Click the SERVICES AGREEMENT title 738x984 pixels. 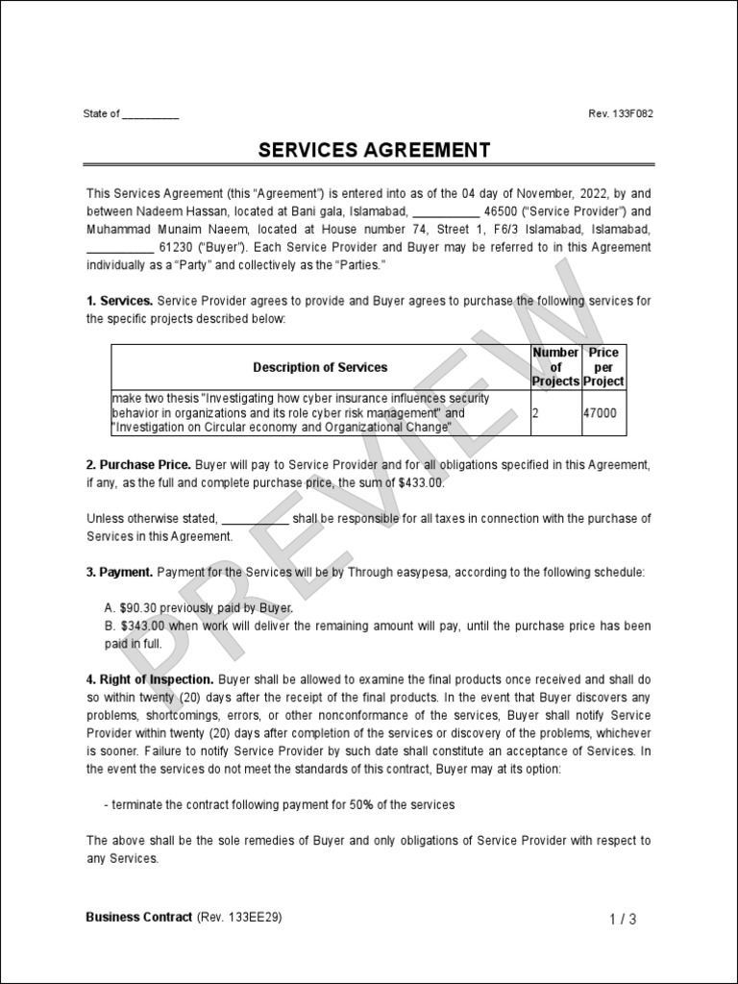(374, 151)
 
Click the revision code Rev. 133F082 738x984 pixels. (621, 114)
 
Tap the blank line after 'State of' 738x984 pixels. (151, 115)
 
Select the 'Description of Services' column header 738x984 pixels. (320, 367)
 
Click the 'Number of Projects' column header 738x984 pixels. (555, 367)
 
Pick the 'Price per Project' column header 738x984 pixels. (603, 367)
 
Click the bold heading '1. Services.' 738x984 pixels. (119, 302)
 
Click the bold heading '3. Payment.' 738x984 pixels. (119, 573)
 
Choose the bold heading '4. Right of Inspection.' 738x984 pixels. (149, 680)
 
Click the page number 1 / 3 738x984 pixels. (623, 920)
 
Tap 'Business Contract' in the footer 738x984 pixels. (139, 918)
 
